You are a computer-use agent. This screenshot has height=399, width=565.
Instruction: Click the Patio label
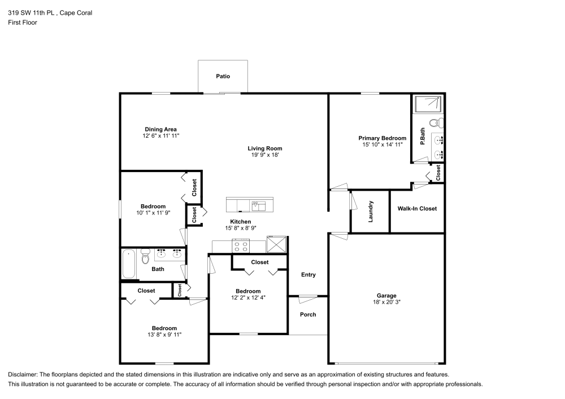tap(223, 76)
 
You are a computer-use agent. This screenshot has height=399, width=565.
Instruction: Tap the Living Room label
tap(265, 148)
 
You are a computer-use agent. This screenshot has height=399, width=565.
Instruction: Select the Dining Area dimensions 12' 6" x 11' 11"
tap(160, 136)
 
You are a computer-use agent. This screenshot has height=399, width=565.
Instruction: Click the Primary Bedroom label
tap(382, 138)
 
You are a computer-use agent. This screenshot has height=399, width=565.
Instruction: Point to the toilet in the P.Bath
tap(436, 122)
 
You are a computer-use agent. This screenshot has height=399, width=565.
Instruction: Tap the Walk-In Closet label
tap(417, 208)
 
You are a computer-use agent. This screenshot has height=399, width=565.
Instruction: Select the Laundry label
tap(371, 212)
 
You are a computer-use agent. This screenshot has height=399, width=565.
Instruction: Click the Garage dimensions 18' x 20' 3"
tap(386, 302)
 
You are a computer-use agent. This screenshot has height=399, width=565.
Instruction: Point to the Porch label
tap(308, 314)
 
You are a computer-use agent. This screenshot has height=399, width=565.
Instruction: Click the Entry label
tap(308, 275)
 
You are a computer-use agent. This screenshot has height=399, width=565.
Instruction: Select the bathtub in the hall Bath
tap(129, 264)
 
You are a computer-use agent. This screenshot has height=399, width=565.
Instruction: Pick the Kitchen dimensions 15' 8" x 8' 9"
tap(240, 229)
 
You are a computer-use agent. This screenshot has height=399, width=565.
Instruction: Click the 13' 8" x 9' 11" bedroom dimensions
tap(164, 335)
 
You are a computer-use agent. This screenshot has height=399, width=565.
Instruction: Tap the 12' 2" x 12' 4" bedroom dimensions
tap(247, 297)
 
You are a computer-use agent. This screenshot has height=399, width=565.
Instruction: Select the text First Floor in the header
tap(23, 23)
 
